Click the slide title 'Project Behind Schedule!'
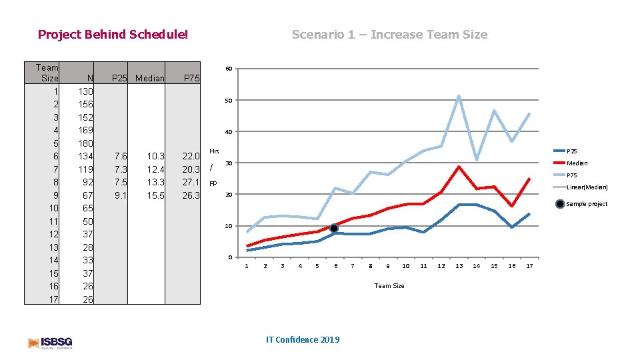coord(113,34)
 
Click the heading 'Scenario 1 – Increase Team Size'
coord(389,34)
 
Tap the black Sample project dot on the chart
coord(334,229)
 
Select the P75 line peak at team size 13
coord(459,96)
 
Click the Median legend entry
coord(577,163)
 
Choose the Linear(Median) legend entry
coord(587,187)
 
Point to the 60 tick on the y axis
coord(228,69)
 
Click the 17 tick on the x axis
coord(529,266)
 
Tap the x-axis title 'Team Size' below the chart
coord(389,286)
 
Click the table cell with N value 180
coord(85,143)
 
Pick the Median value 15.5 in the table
coord(154,195)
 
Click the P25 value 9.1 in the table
coord(120,195)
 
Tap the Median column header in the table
coord(149,78)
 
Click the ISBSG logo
coord(50,343)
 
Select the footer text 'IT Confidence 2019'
coord(302,339)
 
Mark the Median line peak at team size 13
coord(459,167)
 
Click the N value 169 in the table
coord(85,130)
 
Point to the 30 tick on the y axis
coord(228,163)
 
